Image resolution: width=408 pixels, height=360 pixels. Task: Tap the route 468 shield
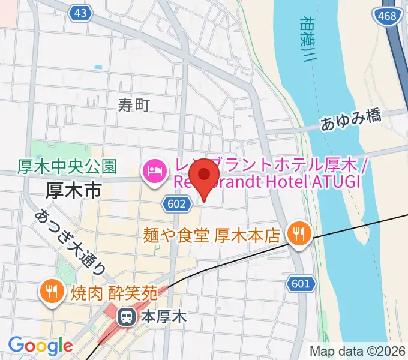click(x=388, y=16)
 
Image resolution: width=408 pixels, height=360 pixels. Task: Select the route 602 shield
click(x=173, y=205)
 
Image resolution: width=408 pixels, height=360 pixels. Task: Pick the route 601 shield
click(x=300, y=283)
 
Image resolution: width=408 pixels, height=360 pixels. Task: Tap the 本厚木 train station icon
click(x=127, y=316)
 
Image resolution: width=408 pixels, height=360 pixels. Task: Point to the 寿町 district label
click(x=133, y=106)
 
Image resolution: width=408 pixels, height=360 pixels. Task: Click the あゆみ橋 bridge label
click(x=351, y=120)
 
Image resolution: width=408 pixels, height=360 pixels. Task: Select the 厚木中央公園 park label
click(x=67, y=166)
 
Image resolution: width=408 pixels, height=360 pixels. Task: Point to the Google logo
click(x=40, y=346)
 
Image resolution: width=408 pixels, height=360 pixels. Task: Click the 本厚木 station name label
click(x=163, y=316)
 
